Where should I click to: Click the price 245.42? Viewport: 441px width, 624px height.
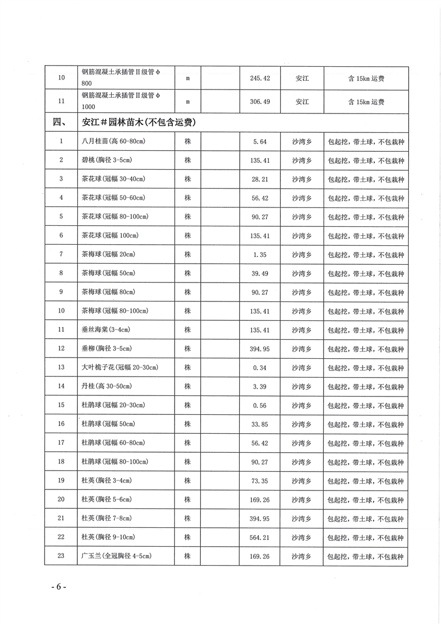(260, 78)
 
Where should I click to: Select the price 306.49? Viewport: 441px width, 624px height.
(260, 102)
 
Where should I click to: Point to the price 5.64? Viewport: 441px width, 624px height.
(260, 141)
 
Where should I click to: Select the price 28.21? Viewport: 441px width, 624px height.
(260, 179)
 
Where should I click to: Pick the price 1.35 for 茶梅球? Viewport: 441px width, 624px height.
(260, 254)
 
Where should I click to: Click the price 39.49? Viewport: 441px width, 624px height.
(260, 273)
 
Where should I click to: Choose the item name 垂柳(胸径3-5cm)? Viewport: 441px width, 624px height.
(106, 349)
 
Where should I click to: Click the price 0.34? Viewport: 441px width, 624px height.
(260, 368)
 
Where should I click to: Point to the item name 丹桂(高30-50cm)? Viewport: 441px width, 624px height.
(106, 386)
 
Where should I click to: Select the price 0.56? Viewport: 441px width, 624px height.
(260, 405)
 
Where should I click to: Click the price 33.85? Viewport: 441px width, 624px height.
(260, 424)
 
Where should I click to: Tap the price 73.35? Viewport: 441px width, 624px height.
(260, 481)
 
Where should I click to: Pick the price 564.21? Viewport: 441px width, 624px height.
(260, 537)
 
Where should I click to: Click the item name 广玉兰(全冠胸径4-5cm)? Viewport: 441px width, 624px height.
(116, 556)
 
